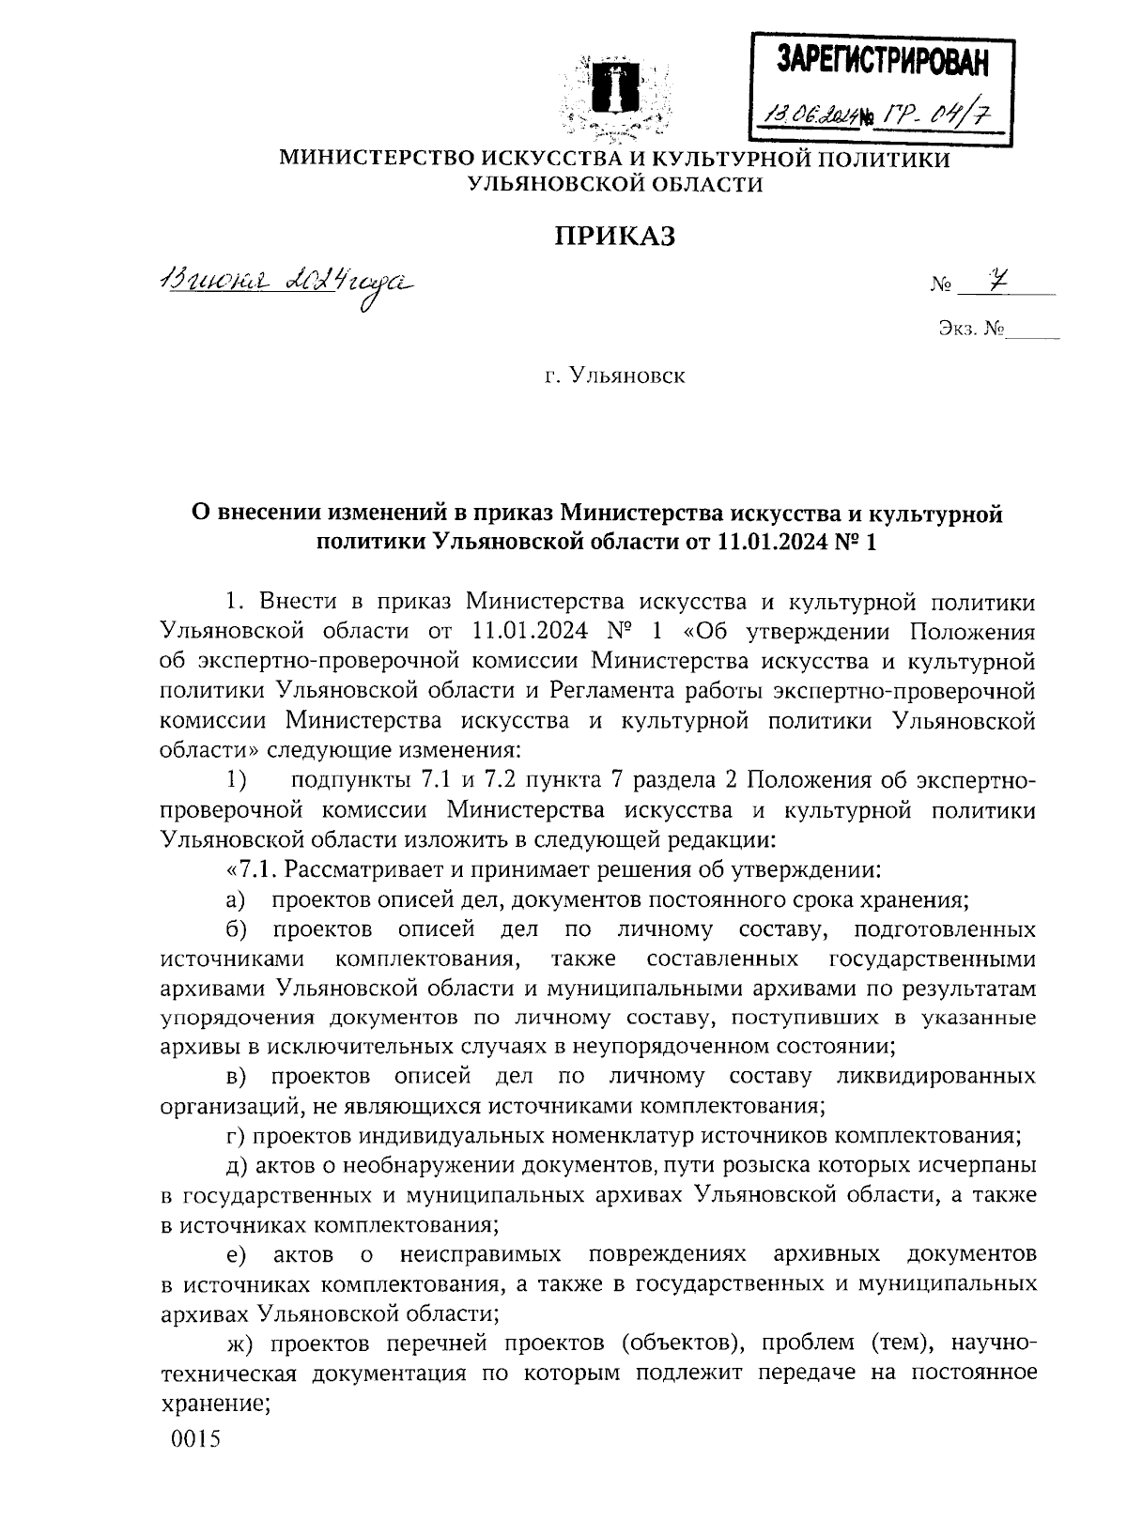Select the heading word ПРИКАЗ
[x=615, y=237]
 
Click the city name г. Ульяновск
[x=616, y=376]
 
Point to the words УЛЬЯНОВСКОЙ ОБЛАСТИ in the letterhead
[x=615, y=185]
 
